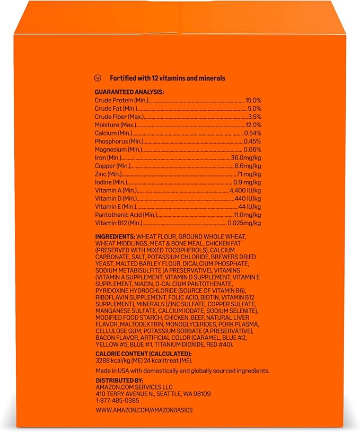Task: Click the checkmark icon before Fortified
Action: point(98,78)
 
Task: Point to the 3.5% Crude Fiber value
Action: point(254,117)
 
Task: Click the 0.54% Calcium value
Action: point(252,133)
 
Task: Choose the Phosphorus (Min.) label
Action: point(118,142)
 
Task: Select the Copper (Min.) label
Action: point(112,166)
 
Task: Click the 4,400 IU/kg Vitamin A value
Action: point(245,190)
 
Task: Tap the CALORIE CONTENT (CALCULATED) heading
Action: point(143,354)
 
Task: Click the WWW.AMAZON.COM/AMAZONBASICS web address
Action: point(144,411)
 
